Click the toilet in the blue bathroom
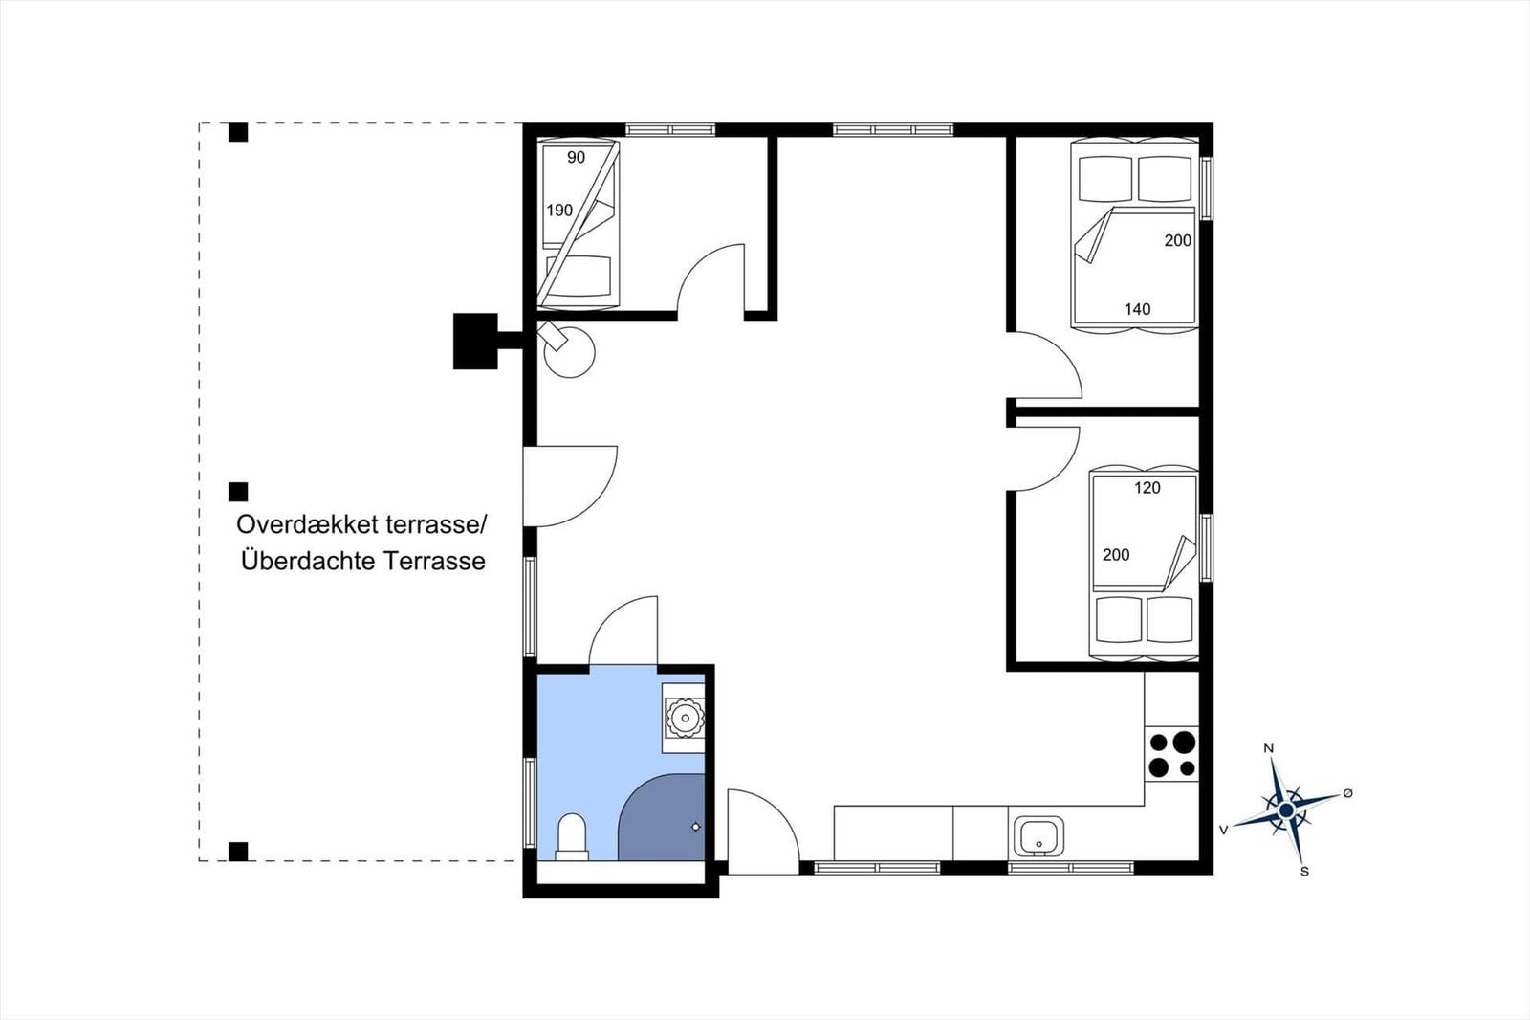[x=571, y=834]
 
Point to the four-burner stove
[x=1171, y=754]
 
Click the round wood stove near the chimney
[x=568, y=350]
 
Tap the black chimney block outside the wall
[x=475, y=341]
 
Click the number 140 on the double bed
[x=1137, y=309]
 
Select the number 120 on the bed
[x=1147, y=488]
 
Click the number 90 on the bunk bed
[x=576, y=157]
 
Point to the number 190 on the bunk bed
[x=559, y=211]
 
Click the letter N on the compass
[x=1269, y=748]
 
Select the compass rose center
[x=1286, y=810]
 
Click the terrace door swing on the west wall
[x=570, y=486]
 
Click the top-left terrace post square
[x=238, y=132]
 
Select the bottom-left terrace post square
[x=238, y=852]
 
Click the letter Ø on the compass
[x=1348, y=793]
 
